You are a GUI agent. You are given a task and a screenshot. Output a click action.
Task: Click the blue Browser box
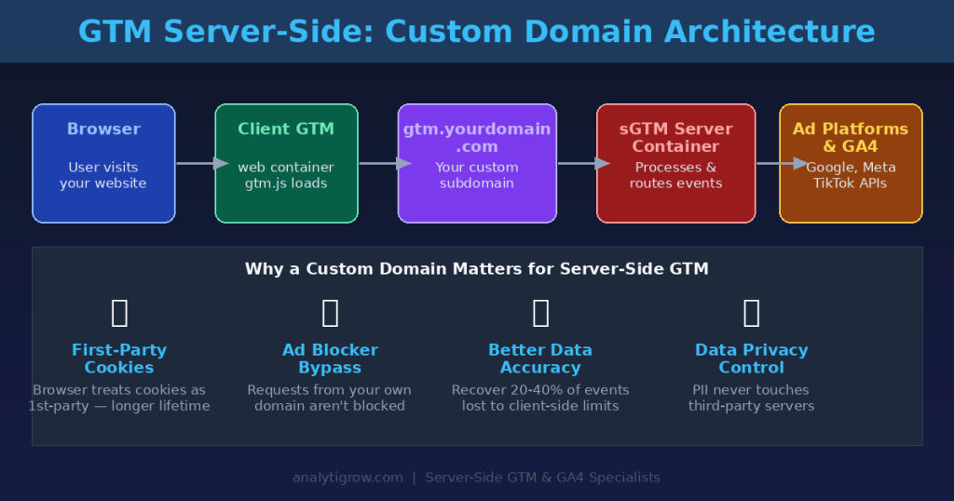103,163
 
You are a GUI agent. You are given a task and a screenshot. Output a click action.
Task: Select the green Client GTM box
286,163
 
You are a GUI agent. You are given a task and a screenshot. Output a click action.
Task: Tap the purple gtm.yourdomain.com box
477,163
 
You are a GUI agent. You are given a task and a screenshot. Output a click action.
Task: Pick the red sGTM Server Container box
675,163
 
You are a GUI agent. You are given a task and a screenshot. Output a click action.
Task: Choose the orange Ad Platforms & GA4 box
851,163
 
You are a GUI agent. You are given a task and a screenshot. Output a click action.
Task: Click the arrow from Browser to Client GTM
200,164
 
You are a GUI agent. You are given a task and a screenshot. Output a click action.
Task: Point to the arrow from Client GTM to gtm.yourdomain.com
384,164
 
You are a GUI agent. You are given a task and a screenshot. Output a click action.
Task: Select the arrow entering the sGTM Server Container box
582,164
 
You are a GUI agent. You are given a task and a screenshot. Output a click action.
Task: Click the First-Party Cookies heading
119,359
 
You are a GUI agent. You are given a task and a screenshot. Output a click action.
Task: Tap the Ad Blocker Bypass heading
330,359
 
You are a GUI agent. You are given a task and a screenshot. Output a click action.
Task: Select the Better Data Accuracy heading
540,359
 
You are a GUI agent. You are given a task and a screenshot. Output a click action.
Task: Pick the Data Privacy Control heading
751,359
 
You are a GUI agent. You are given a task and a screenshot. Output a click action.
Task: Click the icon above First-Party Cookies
119,313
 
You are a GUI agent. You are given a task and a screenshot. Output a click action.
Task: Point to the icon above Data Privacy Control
751,313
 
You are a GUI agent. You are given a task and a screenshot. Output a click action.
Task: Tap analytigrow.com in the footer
348,478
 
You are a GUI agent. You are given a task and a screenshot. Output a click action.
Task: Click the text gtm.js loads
286,183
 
